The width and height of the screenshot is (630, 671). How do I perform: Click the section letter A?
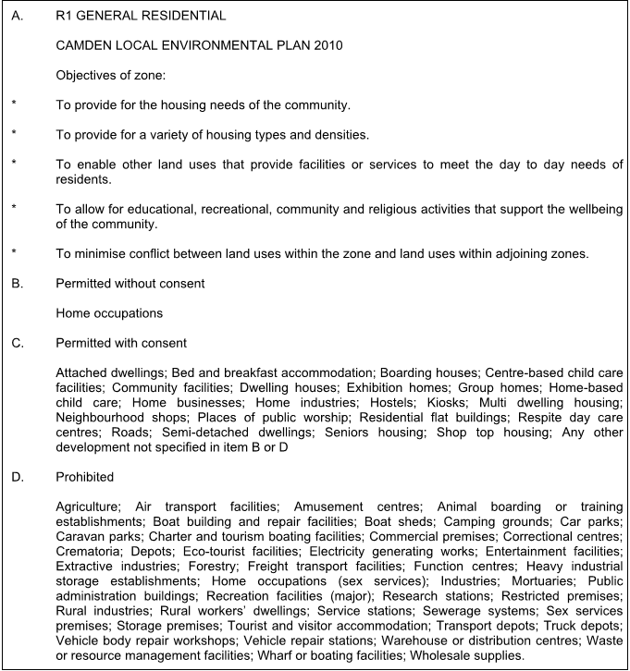(17, 16)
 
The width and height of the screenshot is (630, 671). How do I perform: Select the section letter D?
(17, 477)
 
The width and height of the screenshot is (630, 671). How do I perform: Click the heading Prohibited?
(84, 477)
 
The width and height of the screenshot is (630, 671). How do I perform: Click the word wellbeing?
(591, 209)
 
